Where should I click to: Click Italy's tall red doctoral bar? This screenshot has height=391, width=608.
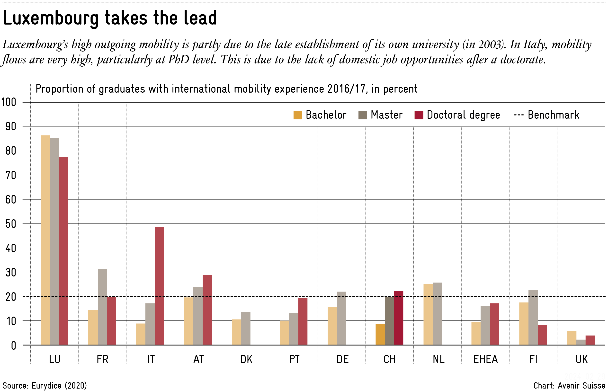pyautogui.click(x=160, y=286)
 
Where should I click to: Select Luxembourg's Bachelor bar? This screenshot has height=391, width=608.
pyautogui.click(x=45, y=240)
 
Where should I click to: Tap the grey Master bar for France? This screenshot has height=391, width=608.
pyautogui.click(x=102, y=307)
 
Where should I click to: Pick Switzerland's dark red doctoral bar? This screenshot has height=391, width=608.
pyautogui.click(x=399, y=318)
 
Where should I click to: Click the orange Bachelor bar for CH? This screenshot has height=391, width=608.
pyautogui.click(x=380, y=334)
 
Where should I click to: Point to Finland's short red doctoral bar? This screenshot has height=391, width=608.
pyautogui.click(x=542, y=335)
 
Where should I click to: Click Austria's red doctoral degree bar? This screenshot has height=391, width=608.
pyautogui.click(x=207, y=310)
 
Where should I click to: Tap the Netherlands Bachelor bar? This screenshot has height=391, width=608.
pyautogui.click(x=428, y=314)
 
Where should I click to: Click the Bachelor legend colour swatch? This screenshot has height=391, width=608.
pyautogui.click(x=298, y=115)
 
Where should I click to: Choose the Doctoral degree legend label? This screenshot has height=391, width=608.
pyautogui.click(x=463, y=115)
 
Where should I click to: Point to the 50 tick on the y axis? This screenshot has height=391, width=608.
pyautogui.click(x=11, y=224)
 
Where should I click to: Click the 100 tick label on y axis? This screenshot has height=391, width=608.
pyautogui.click(x=9, y=102)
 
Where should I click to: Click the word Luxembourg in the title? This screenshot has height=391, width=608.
pyautogui.click(x=51, y=18)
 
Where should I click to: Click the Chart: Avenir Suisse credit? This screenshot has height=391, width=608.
pyautogui.click(x=569, y=386)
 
